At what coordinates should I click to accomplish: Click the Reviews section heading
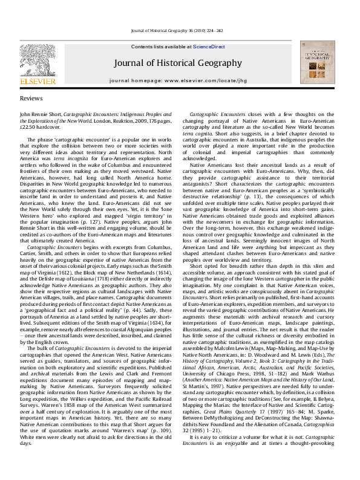click(x=31, y=98)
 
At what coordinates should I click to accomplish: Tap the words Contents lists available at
click(x=162, y=47)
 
